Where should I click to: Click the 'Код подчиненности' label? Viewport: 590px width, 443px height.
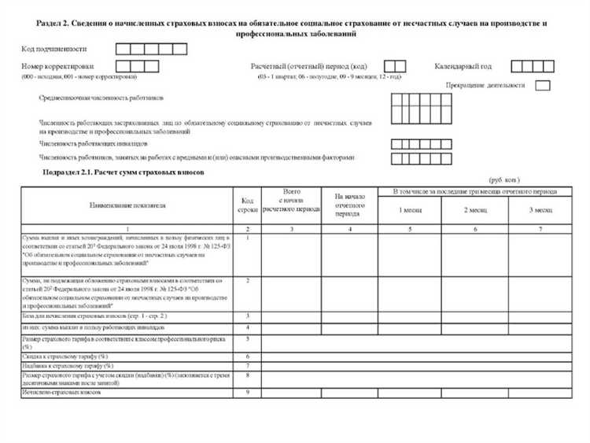coord(53,50)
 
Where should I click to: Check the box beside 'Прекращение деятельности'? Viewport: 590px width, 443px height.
coord(542,86)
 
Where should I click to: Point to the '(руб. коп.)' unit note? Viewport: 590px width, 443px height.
coord(504,180)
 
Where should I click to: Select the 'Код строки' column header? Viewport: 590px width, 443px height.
coord(247,205)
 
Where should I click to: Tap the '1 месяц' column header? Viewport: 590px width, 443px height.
coord(409,210)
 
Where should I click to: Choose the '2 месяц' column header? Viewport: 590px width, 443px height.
coord(476,210)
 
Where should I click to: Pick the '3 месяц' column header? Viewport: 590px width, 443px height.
coord(541,210)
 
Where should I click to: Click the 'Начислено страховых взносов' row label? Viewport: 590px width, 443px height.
coord(62,392)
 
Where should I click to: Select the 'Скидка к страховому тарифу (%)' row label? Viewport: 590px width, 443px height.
coord(68,356)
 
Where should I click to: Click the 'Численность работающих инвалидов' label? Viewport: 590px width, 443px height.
coord(91,144)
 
